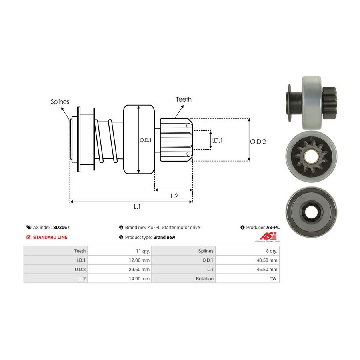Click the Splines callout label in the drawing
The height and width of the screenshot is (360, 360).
point(60,102)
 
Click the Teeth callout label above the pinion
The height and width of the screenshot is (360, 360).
point(184,99)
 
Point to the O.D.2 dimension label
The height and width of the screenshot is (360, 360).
point(258,141)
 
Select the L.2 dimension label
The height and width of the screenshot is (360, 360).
point(174,196)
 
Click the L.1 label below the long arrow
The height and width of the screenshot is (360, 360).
point(137,206)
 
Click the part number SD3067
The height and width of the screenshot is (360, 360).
point(61,227)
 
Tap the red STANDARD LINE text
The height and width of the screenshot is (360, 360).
point(50,237)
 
